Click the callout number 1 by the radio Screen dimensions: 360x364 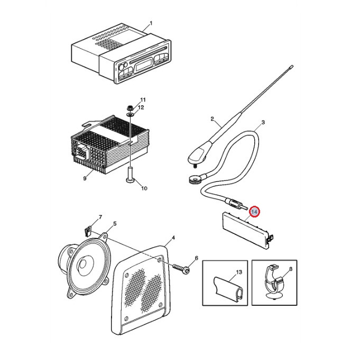click(x=151, y=23)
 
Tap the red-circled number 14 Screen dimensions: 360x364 click(x=254, y=212)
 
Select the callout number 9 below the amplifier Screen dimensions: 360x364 click(x=85, y=178)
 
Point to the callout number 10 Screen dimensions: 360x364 click(x=144, y=188)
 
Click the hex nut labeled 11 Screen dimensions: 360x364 click(x=130, y=107)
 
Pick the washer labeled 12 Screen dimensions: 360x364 click(x=130, y=114)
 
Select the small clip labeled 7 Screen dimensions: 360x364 click(x=87, y=231)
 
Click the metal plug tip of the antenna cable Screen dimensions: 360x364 click(x=244, y=207)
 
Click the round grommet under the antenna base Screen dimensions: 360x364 click(x=195, y=179)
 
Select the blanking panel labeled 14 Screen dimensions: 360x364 click(x=247, y=230)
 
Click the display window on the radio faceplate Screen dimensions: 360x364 click(x=144, y=65)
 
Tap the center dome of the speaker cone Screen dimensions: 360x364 click(x=83, y=265)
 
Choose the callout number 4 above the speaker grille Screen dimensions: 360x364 click(x=173, y=238)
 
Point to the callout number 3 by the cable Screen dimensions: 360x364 click(x=263, y=122)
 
